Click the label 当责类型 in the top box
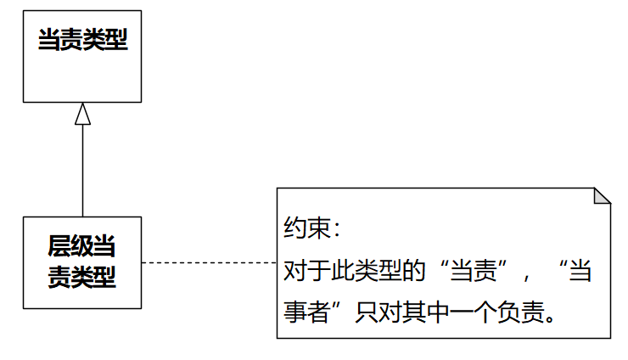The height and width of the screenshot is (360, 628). pyautogui.click(x=82, y=40)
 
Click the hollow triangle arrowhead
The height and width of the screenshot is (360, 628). pyautogui.click(x=82, y=114)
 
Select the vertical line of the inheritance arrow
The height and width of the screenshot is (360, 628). pyautogui.click(x=82, y=170)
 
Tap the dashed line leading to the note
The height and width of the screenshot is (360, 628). pyautogui.click(x=209, y=263)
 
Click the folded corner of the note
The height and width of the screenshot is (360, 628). pyautogui.click(x=602, y=196)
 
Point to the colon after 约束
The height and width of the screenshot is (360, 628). pyautogui.click(x=333, y=230)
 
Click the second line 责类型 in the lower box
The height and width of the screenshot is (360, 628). pyautogui.click(x=82, y=276)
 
